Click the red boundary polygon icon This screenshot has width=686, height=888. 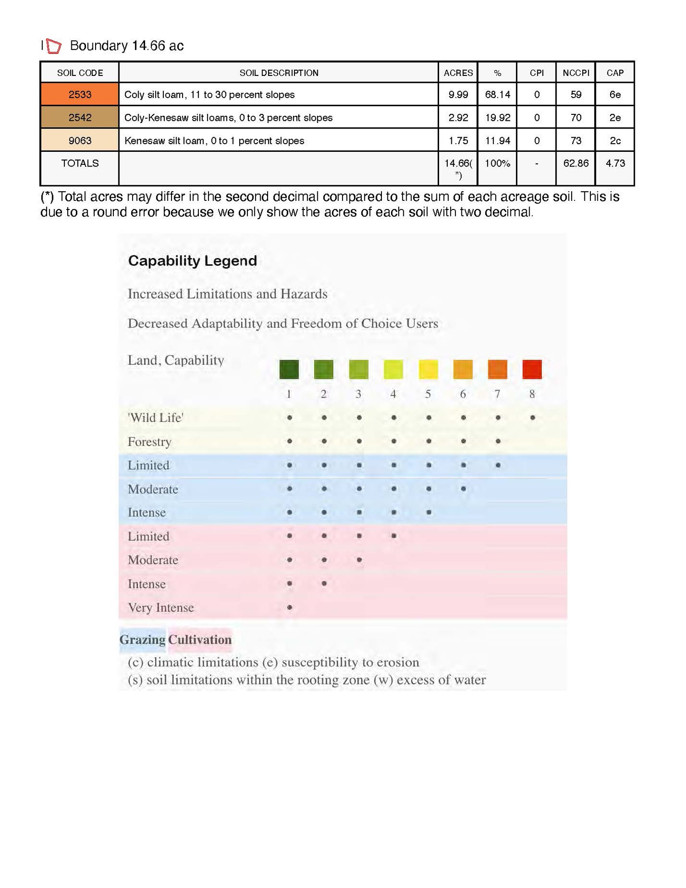[54, 46]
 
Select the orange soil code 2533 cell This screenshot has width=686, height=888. [80, 95]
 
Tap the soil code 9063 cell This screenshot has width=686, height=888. [80, 140]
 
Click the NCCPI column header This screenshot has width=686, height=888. [575, 73]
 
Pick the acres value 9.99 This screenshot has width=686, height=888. [458, 95]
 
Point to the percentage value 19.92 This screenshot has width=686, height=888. [497, 118]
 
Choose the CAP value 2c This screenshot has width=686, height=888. [615, 140]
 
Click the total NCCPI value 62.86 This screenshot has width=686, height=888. [575, 163]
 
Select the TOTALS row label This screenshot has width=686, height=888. [80, 163]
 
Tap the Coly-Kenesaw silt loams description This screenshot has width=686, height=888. [228, 118]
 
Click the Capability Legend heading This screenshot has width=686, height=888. [192, 261]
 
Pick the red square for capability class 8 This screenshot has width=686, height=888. [532, 369]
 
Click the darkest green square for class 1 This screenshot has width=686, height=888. [289, 369]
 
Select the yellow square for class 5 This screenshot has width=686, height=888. [428, 369]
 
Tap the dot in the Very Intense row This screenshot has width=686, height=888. [289, 608]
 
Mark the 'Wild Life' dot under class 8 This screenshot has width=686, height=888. [532, 418]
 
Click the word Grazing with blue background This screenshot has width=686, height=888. [142, 640]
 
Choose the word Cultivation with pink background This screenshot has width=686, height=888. [200, 640]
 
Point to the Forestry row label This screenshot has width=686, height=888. [150, 442]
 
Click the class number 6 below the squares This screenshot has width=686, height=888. [463, 394]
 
